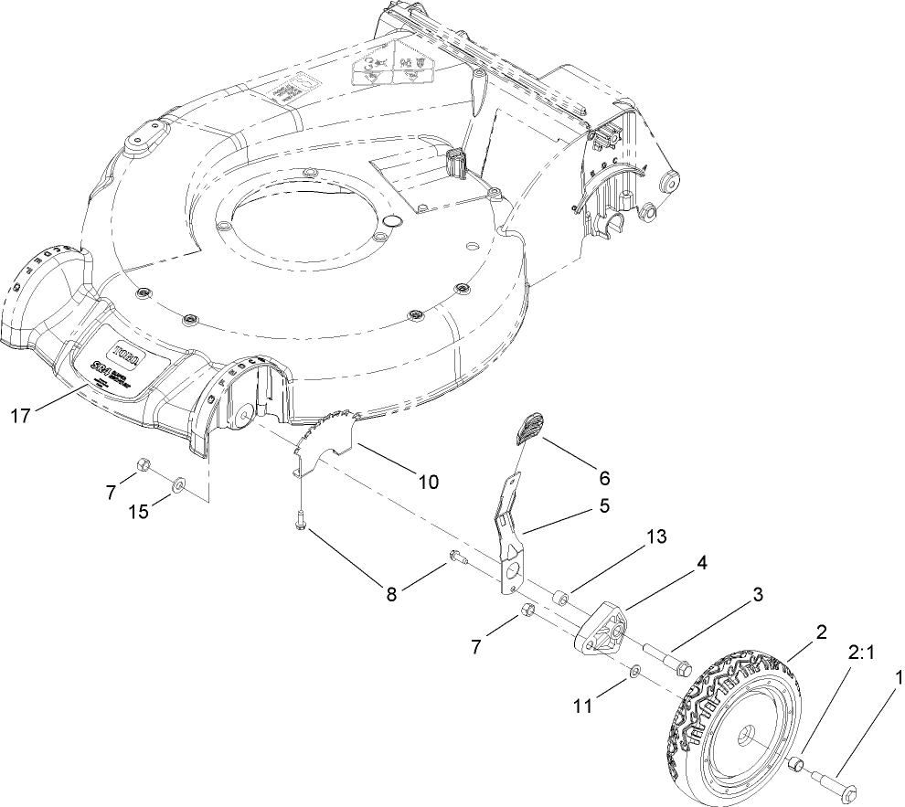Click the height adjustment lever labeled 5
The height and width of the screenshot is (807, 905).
point(508,530)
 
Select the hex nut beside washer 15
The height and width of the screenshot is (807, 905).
point(144,465)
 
